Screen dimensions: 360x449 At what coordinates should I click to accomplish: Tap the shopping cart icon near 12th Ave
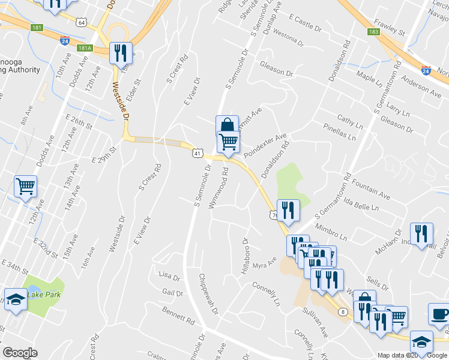[x=26, y=186]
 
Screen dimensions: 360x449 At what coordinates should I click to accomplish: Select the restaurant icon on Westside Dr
[x=121, y=53]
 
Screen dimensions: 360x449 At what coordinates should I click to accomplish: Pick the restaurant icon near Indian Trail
[x=421, y=233]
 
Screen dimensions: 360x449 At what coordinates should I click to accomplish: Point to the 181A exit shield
[x=85, y=48]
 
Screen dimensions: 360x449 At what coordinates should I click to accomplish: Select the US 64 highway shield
[x=82, y=23]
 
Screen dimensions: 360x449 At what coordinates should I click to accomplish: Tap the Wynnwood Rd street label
[x=218, y=188]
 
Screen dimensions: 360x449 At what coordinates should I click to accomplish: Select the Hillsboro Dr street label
[x=245, y=259]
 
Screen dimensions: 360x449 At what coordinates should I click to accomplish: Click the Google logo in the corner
[x=20, y=353]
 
